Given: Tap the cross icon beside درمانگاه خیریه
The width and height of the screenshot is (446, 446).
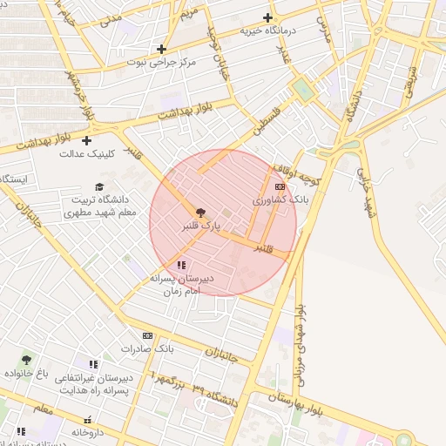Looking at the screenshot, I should pos(267,17).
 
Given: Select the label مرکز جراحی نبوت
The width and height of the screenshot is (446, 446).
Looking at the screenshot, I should pos(161,63).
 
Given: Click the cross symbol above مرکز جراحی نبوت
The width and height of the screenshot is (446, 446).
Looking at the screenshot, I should pos(161,49).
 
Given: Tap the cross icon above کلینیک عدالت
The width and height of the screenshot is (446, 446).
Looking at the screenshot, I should pos(86,140).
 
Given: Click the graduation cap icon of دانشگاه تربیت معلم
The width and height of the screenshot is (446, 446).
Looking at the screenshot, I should pos(99,186).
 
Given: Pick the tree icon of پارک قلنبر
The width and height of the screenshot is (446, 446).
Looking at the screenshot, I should pos(200,212).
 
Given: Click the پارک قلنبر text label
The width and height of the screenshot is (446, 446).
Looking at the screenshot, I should pos(200,226).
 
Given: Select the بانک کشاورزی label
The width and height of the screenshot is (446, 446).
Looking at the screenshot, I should pos(280,200).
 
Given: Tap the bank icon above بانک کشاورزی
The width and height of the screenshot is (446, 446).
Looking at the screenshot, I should pos(280,186).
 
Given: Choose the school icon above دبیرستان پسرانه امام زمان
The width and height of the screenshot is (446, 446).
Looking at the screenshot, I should pos(181,265).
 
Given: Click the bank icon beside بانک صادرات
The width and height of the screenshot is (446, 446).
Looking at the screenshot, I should pos(147,335).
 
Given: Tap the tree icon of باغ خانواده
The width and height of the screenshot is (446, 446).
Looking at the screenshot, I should pos(27,359).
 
